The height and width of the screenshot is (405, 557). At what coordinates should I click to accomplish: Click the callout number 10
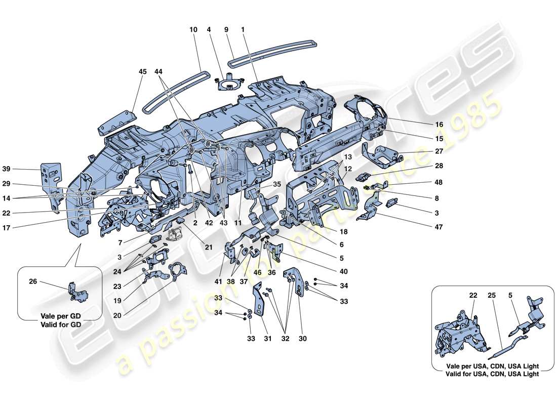[193, 30]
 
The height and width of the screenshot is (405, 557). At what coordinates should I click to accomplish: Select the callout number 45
[142, 72]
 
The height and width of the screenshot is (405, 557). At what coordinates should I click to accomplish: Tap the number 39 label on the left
[20, 169]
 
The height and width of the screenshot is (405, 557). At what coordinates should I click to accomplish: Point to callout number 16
[439, 125]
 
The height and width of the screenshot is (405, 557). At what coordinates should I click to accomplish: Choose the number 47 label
[439, 227]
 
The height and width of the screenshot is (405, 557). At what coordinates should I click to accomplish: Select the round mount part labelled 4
[229, 83]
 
